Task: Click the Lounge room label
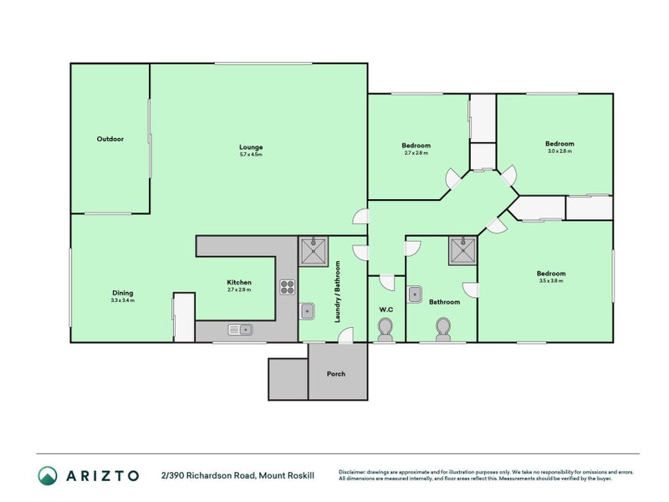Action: [x=251, y=146]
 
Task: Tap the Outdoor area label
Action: [x=110, y=139]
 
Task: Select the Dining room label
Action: [x=122, y=293]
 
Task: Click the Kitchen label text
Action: [x=238, y=283]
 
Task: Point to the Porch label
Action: [x=335, y=374]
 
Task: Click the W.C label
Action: [x=386, y=310]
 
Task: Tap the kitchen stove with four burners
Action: [x=287, y=286]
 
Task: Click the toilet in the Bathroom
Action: [x=443, y=330]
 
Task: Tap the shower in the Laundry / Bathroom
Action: [x=314, y=249]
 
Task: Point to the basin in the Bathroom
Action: [x=415, y=294]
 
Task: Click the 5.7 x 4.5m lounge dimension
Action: [x=251, y=155]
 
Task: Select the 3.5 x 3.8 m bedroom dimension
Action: [x=551, y=281]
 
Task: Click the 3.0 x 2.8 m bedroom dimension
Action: [x=560, y=151]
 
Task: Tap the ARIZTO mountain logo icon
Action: [x=49, y=475]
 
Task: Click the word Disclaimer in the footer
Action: [x=355, y=471]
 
